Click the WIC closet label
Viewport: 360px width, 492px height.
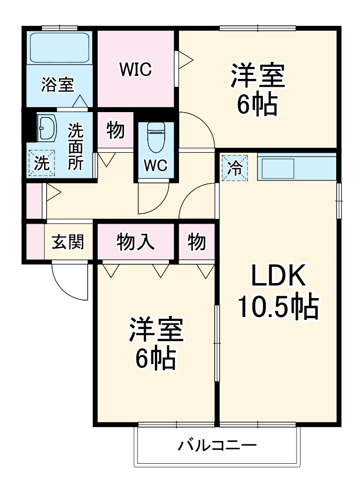pyautogui.click(x=135, y=69)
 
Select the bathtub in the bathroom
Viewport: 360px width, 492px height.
pyautogui.click(x=59, y=48)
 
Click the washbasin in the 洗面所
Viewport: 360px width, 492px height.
pyautogui.click(x=48, y=129)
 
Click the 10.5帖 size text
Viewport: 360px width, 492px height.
pyautogui.click(x=278, y=307)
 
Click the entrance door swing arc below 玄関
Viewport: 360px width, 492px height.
pyautogui.click(x=69, y=283)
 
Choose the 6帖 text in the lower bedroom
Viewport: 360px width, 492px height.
pyautogui.click(x=156, y=358)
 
